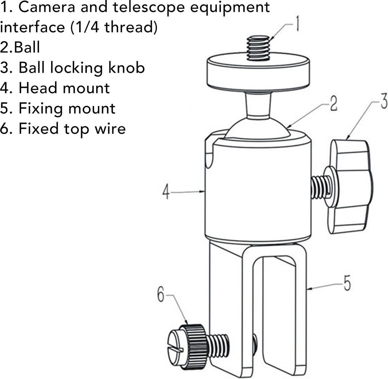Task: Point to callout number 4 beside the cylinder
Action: (166, 192)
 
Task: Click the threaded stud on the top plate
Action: (258, 48)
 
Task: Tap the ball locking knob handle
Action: (350, 186)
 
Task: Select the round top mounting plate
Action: (258, 74)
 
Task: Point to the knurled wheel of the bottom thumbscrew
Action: (196, 346)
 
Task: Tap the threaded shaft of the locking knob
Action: (319, 187)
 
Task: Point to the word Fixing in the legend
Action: (40, 109)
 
